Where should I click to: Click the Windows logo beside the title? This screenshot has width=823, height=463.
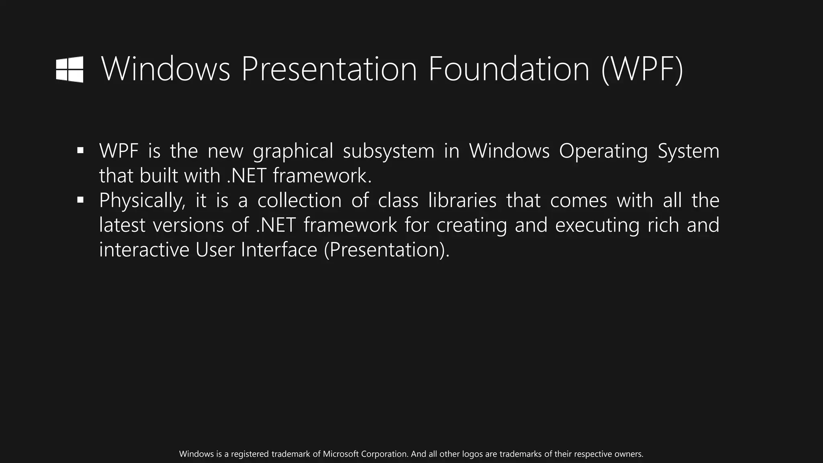[x=70, y=70]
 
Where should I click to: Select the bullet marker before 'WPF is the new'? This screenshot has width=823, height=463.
[x=80, y=151]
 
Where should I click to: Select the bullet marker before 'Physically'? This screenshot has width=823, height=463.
[x=80, y=200]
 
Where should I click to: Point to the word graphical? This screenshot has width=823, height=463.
[x=293, y=152]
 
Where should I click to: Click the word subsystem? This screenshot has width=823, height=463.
[x=389, y=152]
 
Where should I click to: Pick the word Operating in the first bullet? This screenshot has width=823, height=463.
[x=603, y=152]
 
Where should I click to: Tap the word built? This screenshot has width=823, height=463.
[x=159, y=176]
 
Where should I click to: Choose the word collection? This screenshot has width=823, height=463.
[x=299, y=201]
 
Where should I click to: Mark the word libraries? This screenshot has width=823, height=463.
[x=462, y=201]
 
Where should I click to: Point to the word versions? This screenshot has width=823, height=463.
[x=188, y=225]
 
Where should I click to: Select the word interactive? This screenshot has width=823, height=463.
[x=144, y=250]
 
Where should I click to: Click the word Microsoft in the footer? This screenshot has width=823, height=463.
[x=341, y=454]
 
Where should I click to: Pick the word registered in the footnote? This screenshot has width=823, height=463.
[x=250, y=454]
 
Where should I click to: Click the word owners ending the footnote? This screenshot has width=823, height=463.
[x=629, y=454]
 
